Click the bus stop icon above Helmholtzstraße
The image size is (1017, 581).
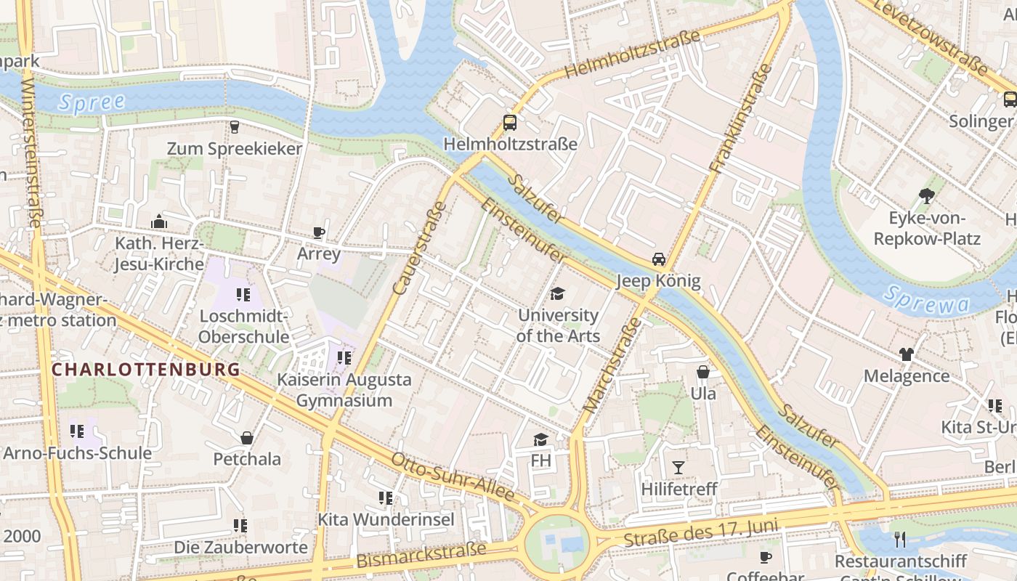(510, 123)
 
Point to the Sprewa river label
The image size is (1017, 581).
(928, 300)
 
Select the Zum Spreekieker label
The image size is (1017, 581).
(234, 149)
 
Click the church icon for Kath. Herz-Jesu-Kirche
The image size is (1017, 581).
(158, 222)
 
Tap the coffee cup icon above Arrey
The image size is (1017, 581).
(318, 232)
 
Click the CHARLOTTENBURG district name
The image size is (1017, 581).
(146, 369)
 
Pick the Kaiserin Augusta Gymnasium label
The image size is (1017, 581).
(344, 390)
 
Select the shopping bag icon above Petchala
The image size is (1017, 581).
(247, 438)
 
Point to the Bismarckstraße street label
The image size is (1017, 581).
(421, 555)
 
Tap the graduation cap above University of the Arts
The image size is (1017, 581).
(557, 293)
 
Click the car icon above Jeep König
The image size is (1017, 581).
(658, 259)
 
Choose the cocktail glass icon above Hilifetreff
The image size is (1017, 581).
(678, 467)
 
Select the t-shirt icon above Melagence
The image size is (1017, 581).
(906, 354)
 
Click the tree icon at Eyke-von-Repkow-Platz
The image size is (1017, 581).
(926, 195)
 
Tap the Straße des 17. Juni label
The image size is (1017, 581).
(701, 534)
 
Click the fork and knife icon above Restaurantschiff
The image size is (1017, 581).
(900, 539)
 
